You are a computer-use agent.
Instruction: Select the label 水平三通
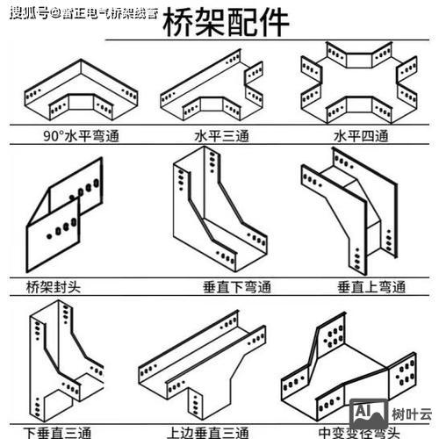click(212, 137)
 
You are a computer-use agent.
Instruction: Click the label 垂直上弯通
click(371, 287)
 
